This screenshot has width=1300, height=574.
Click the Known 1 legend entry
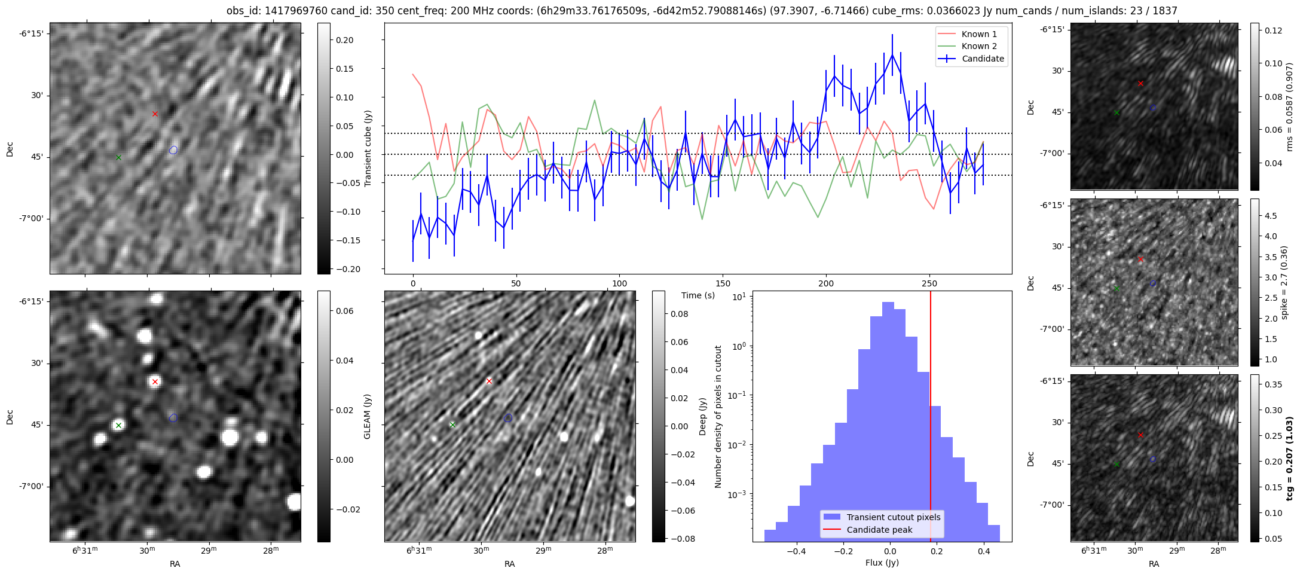pos(978,34)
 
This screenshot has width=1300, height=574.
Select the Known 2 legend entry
pos(978,46)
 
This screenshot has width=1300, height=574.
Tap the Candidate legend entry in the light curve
pos(983,59)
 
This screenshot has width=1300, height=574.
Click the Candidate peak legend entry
pos(879,530)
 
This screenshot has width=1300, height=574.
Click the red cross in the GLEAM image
pos(155,381)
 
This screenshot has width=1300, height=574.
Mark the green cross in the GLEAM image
pos(118,426)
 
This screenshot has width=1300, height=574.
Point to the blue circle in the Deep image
pos(508,417)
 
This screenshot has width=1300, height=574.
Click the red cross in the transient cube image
pos(155,114)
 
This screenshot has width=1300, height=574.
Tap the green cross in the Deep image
pos(452,425)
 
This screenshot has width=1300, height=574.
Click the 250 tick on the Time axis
pos(929,283)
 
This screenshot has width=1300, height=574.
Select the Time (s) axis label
pos(698,295)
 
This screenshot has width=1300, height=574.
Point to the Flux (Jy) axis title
pos(882,563)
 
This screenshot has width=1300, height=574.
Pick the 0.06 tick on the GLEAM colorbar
pos(345,311)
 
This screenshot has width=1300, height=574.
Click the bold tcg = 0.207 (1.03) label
pos(1289,459)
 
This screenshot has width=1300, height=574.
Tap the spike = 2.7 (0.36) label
pos(1284,282)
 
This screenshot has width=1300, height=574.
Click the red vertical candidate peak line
pos(931,419)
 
